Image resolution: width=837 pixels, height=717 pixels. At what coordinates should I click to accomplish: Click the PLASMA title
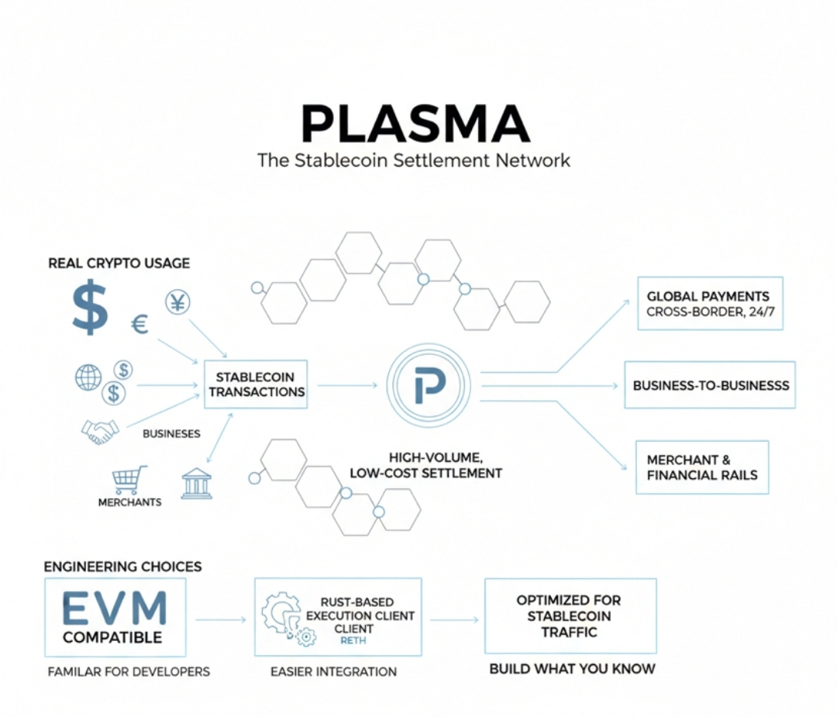(415, 124)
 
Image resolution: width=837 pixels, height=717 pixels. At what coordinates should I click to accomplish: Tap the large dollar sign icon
(90, 307)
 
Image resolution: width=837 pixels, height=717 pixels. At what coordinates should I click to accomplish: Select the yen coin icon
(177, 302)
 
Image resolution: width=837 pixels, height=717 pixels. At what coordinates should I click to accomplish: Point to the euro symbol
(139, 324)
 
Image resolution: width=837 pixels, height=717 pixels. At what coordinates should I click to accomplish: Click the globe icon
(88, 377)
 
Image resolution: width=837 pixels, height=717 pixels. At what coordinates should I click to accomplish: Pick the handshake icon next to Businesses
(100, 431)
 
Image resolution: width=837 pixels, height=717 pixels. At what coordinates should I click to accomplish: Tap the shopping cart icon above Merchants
(129, 480)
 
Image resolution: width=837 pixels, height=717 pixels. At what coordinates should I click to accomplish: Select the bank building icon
(196, 483)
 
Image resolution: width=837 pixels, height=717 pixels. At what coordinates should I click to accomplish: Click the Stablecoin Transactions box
(257, 384)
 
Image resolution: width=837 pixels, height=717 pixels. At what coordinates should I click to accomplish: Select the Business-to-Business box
(710, 385)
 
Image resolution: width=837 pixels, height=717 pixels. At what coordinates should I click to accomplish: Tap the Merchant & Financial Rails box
(701, 467)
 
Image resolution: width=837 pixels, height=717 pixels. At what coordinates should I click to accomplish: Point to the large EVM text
(114, 608)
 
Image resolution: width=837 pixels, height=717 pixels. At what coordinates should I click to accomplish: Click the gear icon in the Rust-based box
(281, 615)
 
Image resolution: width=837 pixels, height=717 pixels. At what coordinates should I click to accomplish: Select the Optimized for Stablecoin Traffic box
(570, 616)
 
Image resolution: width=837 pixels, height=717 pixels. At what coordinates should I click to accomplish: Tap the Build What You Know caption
(572, 668)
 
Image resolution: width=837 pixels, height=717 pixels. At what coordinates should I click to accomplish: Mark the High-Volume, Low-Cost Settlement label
(425, 465)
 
